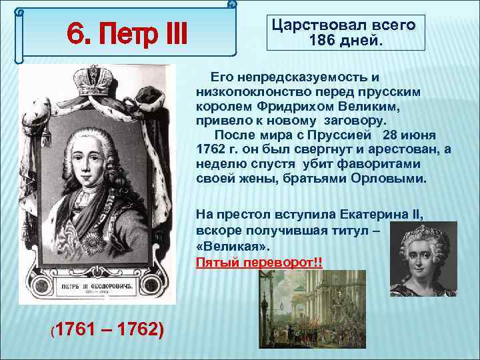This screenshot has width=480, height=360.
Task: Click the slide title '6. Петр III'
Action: pos(127,32)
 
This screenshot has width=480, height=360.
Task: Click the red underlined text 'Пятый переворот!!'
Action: pos(259,262)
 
